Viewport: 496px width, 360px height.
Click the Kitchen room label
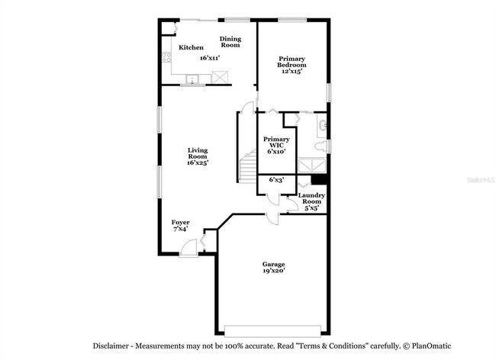pyautogui.click(x=191, y=48)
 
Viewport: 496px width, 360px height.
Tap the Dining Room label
pyautogui.click(x=230, y=41)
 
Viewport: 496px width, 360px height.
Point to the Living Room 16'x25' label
pyautogui.click(x=198, y=156)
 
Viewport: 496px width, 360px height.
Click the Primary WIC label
pyautogui.click(x=275, y=145)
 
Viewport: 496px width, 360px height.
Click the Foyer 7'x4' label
pyautogui.click(x=181, y=225)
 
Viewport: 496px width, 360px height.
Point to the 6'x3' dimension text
pyautogui.click(x=276, y=180)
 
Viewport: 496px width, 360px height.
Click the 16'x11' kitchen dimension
pyautogui.click(x=210, y=58)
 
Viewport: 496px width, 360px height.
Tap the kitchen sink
pyautogui.click(x=192, y=78)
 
